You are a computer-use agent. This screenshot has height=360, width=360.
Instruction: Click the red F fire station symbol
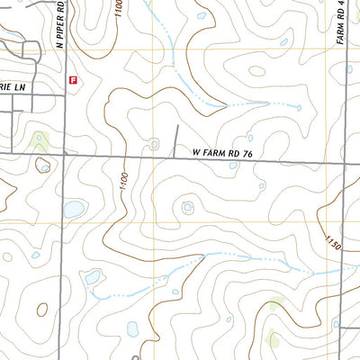72,79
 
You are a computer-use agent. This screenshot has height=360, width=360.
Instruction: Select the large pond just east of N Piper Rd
74,210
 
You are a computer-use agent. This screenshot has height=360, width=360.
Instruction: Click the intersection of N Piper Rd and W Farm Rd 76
65,154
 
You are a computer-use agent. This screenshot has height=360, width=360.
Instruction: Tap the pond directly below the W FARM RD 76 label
233,165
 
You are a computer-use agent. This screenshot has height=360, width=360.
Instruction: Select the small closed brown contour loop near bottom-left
41,309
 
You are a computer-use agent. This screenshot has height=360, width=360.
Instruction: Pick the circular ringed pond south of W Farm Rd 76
187,208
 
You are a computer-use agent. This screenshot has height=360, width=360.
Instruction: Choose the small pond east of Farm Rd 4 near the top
355,67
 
